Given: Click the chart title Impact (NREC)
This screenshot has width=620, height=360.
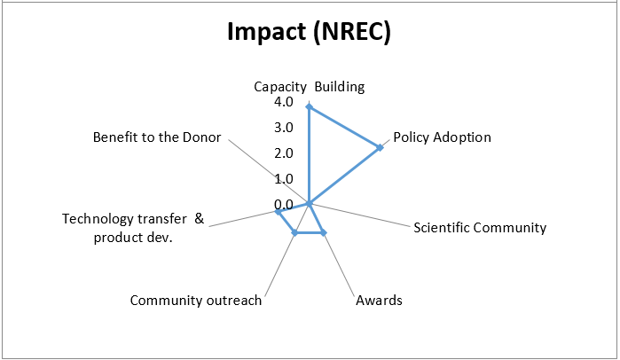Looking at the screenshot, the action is coord(309,31).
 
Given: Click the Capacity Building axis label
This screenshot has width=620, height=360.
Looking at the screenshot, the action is coord(310,87).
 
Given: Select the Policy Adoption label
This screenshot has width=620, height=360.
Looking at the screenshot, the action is coord(442,137).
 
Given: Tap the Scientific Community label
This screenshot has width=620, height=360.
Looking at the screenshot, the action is coord(480,228).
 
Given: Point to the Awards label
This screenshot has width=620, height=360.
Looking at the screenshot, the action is coord(379,301).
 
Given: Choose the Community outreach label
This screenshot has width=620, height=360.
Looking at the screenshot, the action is coord(196,301).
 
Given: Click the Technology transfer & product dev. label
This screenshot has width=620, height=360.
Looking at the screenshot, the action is coord(133,228).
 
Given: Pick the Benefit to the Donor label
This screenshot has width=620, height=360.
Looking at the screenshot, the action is coord(157,137).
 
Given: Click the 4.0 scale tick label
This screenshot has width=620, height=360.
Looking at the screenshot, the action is coord(284,102).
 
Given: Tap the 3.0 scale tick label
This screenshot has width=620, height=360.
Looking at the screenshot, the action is coord(284,128).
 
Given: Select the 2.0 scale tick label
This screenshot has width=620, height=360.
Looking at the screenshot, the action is coord(284,153).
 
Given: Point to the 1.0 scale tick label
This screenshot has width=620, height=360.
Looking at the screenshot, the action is coord(284,179).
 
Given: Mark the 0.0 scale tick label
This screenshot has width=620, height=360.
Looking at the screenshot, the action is coord(284,205).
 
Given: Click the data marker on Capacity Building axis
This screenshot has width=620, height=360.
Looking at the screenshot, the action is coord(310,106).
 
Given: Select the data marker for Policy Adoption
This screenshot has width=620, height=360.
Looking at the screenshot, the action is coord(380,147).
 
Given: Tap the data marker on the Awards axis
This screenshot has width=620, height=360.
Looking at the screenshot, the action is coord(324,232).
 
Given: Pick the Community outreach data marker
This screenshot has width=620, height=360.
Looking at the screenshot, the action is coord(295,232).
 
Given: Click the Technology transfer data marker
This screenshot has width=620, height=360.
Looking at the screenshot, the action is coord(278,212).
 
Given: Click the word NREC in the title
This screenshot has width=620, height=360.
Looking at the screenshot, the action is coord(352,31).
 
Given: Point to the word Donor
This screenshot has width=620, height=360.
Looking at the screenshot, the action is coord(201,137).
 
